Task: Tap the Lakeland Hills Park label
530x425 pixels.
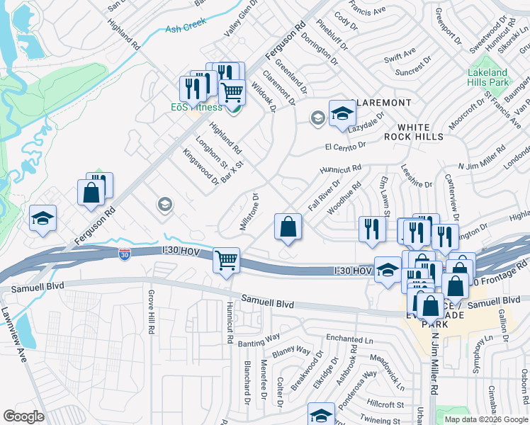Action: (x=488, y=77)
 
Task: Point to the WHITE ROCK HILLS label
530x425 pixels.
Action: (x=414, y=130)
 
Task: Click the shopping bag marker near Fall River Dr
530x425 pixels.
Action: (x=288, y=227)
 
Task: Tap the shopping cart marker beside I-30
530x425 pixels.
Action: (x=226, y=261)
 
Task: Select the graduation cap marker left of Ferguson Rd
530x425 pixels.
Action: (x=43, y=219)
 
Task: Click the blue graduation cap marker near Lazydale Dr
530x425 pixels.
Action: (x=342, y=113)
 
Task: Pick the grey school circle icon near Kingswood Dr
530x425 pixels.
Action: (x=164, y=205)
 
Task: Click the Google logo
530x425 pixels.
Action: (x=24, y=416)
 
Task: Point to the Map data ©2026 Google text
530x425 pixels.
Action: (x=485, y=419)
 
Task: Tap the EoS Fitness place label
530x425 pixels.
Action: (x=196, y=107)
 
